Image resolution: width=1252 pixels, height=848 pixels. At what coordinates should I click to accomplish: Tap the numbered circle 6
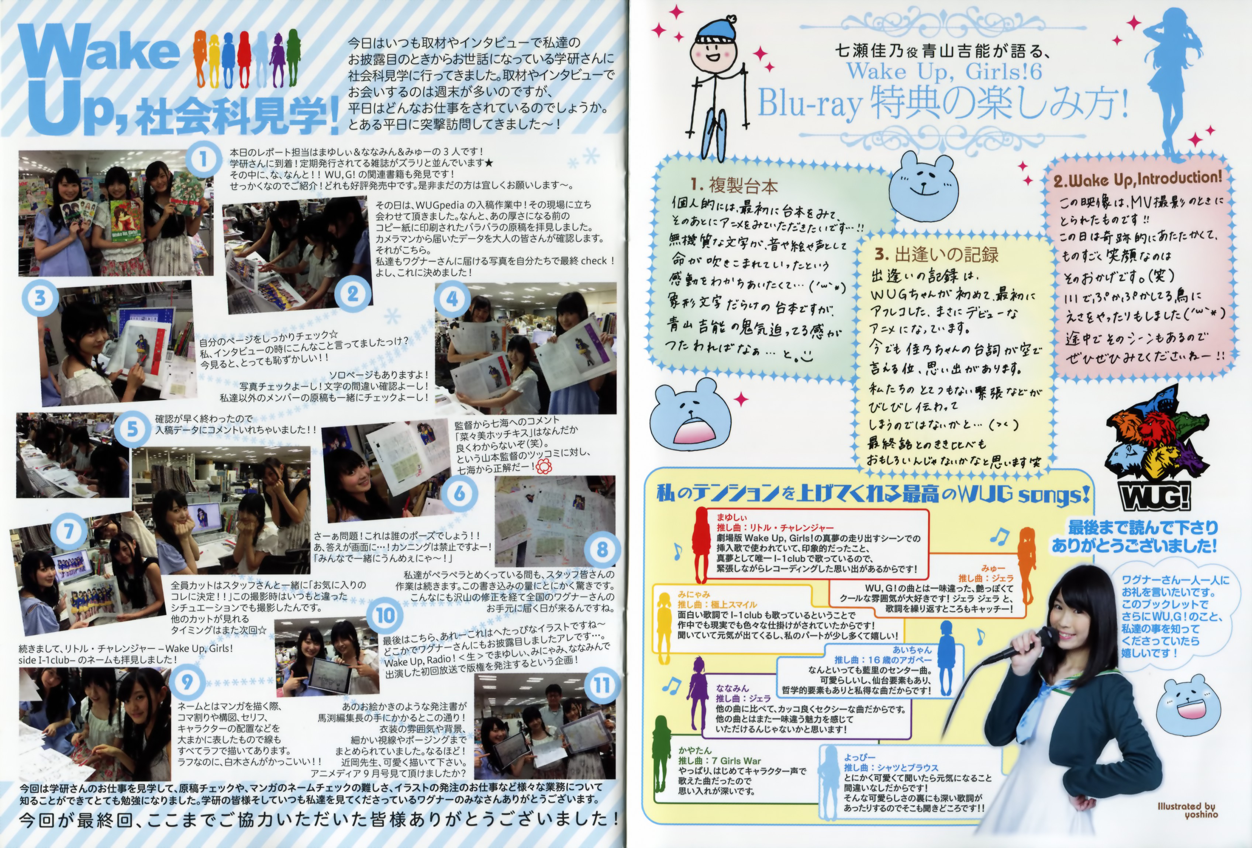coord(459,493)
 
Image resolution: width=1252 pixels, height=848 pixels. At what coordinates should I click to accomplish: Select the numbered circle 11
coord(602,685)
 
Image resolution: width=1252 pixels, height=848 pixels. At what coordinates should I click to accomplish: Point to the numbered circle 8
coord(602,549)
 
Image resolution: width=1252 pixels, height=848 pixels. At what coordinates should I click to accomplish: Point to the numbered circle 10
coord(386,615)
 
